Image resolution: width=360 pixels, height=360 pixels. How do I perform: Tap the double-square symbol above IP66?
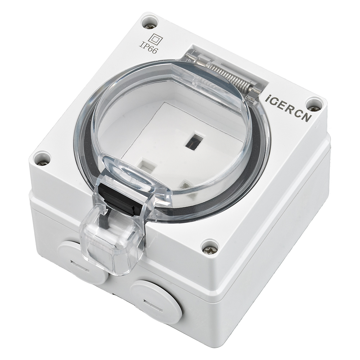[x=156, y=39]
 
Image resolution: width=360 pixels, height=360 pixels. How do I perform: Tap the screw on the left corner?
[x=42, y=159]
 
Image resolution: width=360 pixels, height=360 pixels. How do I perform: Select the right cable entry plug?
[x=156, y=301]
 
